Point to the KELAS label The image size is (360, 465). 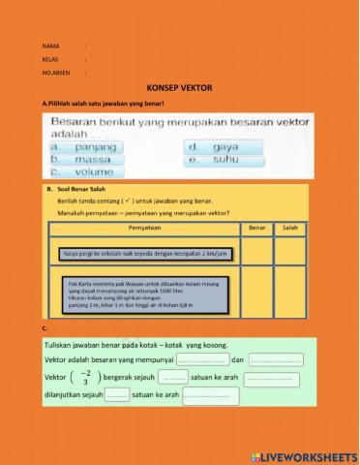(x=50, y=59)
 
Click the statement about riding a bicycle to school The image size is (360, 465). (x=133, y=254)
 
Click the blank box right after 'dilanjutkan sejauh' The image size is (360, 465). (x=116, y=394)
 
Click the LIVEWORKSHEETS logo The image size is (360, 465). (x=303, y=455)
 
